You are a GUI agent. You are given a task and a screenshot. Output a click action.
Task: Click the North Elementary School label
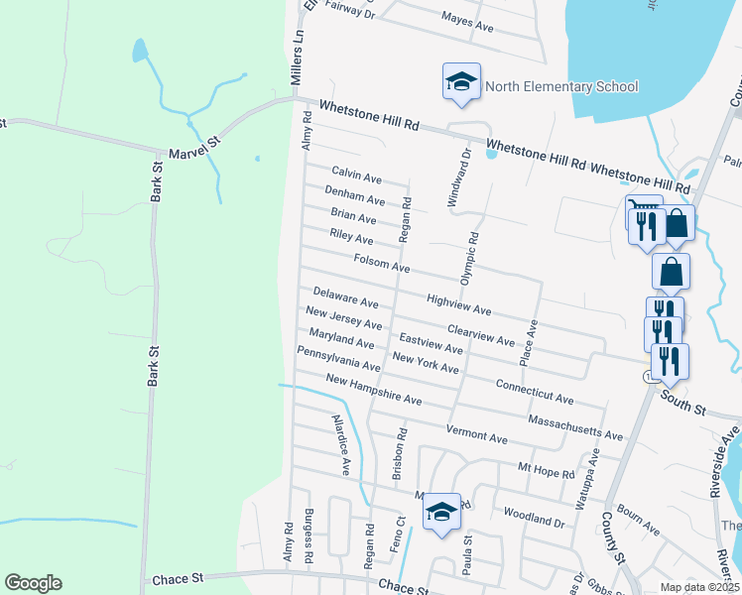pos(560,87)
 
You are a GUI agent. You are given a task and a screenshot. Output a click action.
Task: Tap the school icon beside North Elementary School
pos(461,82)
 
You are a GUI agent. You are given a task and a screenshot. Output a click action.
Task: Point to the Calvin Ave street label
pos(356,177)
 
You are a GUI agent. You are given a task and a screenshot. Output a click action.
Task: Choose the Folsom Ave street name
pos(381,263)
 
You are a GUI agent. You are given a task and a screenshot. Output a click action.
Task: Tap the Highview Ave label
pos(458,303)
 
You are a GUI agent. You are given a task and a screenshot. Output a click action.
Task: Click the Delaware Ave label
pos(345,297)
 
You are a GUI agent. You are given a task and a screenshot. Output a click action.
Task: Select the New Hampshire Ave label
pos(373,390)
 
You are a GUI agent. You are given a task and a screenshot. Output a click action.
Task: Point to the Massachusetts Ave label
pos(575,428)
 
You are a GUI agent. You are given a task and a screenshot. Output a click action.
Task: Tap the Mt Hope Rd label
pos(547,468)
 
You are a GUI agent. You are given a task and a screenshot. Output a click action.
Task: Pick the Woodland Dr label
pos(534,518)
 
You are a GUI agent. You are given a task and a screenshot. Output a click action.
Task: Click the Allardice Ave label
pos(341,445)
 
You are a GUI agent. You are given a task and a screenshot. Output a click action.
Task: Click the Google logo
pos(33,583)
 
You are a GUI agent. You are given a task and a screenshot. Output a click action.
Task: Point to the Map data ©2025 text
pos(698,587)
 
